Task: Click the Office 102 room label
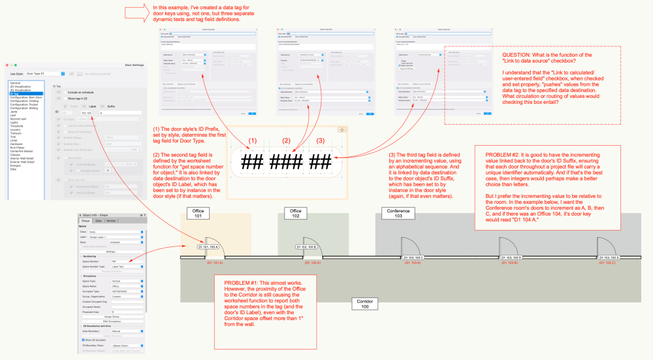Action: [x=295, y=214]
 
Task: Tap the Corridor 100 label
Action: [x=363, y=304]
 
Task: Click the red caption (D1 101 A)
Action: [x=215, y=263]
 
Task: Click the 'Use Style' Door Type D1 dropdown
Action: [x=45, y=74]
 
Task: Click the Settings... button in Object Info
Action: [x=111, y=251]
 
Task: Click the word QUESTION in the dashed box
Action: [x=515, y=54]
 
